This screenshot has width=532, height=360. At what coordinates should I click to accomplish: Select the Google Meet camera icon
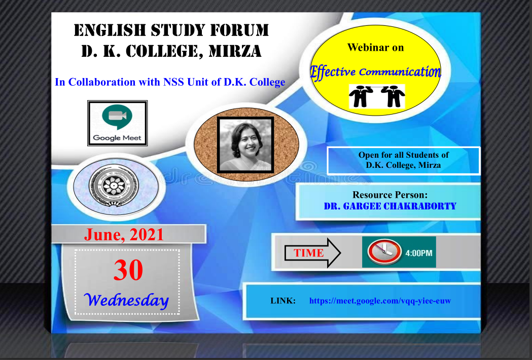[x=117, y=117]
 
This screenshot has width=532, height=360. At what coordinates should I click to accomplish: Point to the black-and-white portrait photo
[x=245, y=145]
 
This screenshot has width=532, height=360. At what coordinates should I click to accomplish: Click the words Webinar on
[x=376, y=48]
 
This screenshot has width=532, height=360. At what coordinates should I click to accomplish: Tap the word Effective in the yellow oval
[x=333, y=73]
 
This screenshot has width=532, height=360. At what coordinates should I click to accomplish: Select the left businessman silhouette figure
[x=361, y=96]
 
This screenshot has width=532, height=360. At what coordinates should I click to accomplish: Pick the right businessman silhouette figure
[x=393, y=96]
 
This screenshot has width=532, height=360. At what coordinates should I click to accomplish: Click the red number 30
[x=128, y=270]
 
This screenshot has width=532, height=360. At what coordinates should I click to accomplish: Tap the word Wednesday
[x=126, y=300]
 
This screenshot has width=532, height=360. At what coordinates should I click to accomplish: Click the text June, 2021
[x=124, y=235]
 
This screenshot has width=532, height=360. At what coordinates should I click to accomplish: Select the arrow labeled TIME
[x=312, y=253]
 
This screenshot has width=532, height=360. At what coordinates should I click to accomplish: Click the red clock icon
[x=384, y=252]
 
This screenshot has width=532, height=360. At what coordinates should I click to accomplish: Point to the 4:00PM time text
[x=419, y=253]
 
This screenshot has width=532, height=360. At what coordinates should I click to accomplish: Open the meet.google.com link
[x=380, y=301]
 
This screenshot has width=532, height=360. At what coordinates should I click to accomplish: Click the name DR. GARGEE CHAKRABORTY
[x=390, y=206]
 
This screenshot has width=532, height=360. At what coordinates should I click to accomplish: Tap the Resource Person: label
[x=390, y=195]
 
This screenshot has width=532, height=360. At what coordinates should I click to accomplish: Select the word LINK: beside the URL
[x=283, y=301]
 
